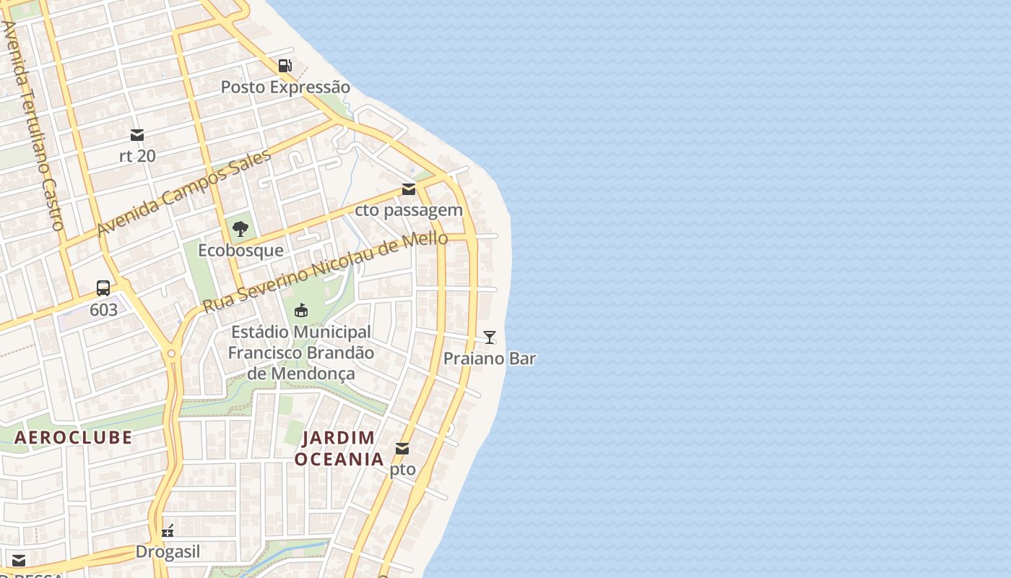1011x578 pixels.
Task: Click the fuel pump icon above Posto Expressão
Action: point(285,66)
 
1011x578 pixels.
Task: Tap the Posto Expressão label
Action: point(285,87)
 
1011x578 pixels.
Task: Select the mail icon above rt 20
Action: point(137,135)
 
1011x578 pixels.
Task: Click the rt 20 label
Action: point(137,155)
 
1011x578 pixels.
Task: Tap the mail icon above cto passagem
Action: point(409,189)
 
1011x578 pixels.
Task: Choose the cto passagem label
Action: point(409,210)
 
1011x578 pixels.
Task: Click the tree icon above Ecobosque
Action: point(240,230)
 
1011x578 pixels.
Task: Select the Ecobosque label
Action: point(240,251)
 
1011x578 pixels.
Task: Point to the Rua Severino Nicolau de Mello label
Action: point(325,272)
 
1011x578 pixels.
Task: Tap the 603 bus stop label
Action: point(103,310)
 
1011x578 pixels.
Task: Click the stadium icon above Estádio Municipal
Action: point(301,311)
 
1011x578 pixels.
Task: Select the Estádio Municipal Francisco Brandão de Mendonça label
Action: point(301,353)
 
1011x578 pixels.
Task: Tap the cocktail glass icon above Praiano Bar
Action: point(490,337)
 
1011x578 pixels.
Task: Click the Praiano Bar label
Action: point(490,358)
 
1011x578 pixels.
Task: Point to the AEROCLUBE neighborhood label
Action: point(73,437)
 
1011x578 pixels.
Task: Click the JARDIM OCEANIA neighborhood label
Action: point(339,448)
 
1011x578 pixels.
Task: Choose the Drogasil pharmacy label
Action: point(168,552)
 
